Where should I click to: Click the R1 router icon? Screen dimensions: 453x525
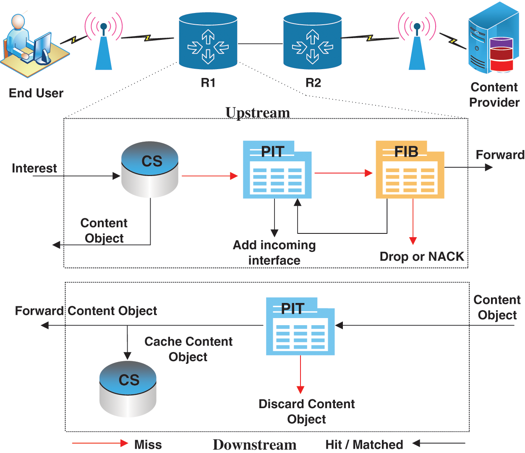click(208, 41)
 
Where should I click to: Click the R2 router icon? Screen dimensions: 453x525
click(312, 41)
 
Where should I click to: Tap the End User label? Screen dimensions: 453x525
click(36, 93)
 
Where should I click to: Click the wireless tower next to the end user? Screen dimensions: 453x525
click(104, 42)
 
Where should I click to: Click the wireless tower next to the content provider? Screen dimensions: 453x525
click(417, 42)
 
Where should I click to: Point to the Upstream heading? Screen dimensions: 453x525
click(257, 113)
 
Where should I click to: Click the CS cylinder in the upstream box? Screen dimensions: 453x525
click(150, 170)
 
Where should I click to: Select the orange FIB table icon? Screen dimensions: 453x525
click(410, 170)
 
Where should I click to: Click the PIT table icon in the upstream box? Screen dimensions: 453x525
click(277, 170)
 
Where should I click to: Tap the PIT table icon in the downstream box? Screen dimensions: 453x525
click(300, 327)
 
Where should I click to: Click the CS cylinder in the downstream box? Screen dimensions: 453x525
click(128, 389)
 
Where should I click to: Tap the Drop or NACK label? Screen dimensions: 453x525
click(421, 256)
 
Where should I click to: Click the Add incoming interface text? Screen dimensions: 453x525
click(274, 252)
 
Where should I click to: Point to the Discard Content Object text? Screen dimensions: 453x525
click(306, 411)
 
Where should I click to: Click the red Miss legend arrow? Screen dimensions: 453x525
click(100, 443)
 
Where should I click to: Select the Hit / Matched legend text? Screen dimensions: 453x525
click(364, 444)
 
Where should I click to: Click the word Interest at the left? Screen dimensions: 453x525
click(34, 168)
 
